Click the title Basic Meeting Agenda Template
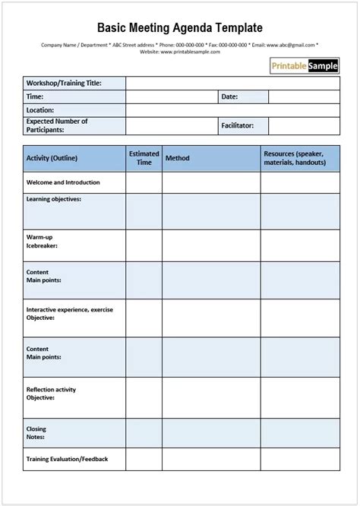pos(180,28)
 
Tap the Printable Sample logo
pos(305,66)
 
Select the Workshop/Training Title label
pos(64,84)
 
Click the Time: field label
pos(35,97)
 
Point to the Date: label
pos(229,97)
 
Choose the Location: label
pos(40,110)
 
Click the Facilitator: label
pos(237,125)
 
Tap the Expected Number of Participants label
pos(57,125)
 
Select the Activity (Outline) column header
pos(52,158)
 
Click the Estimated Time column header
pos(144,158)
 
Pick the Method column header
pos(177,158)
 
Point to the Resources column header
pos(295,158)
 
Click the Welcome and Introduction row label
pos(63,183)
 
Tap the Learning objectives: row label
pos(54,199)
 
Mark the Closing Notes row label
pos(36,433)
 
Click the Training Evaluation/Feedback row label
pos(67,459)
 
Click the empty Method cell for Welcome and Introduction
pos(211,183)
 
